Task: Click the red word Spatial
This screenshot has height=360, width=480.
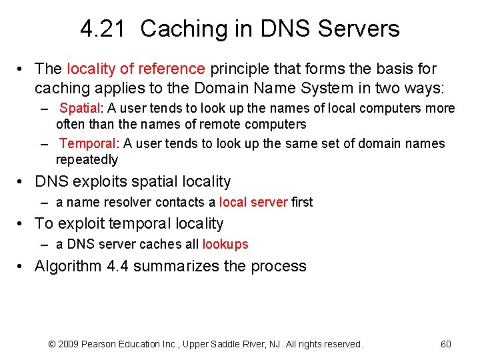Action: click(79, 108)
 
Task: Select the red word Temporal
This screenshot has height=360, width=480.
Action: click(87, 143)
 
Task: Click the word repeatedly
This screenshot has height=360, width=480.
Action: click(87, 159)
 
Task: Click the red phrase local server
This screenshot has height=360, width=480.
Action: click(253, 202)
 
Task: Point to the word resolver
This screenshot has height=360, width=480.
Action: click(126, 202)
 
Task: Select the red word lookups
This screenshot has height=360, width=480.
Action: click(225, 245)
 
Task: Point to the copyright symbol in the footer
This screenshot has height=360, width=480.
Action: click(53, 344)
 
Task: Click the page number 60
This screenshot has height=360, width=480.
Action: click(446, 344)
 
